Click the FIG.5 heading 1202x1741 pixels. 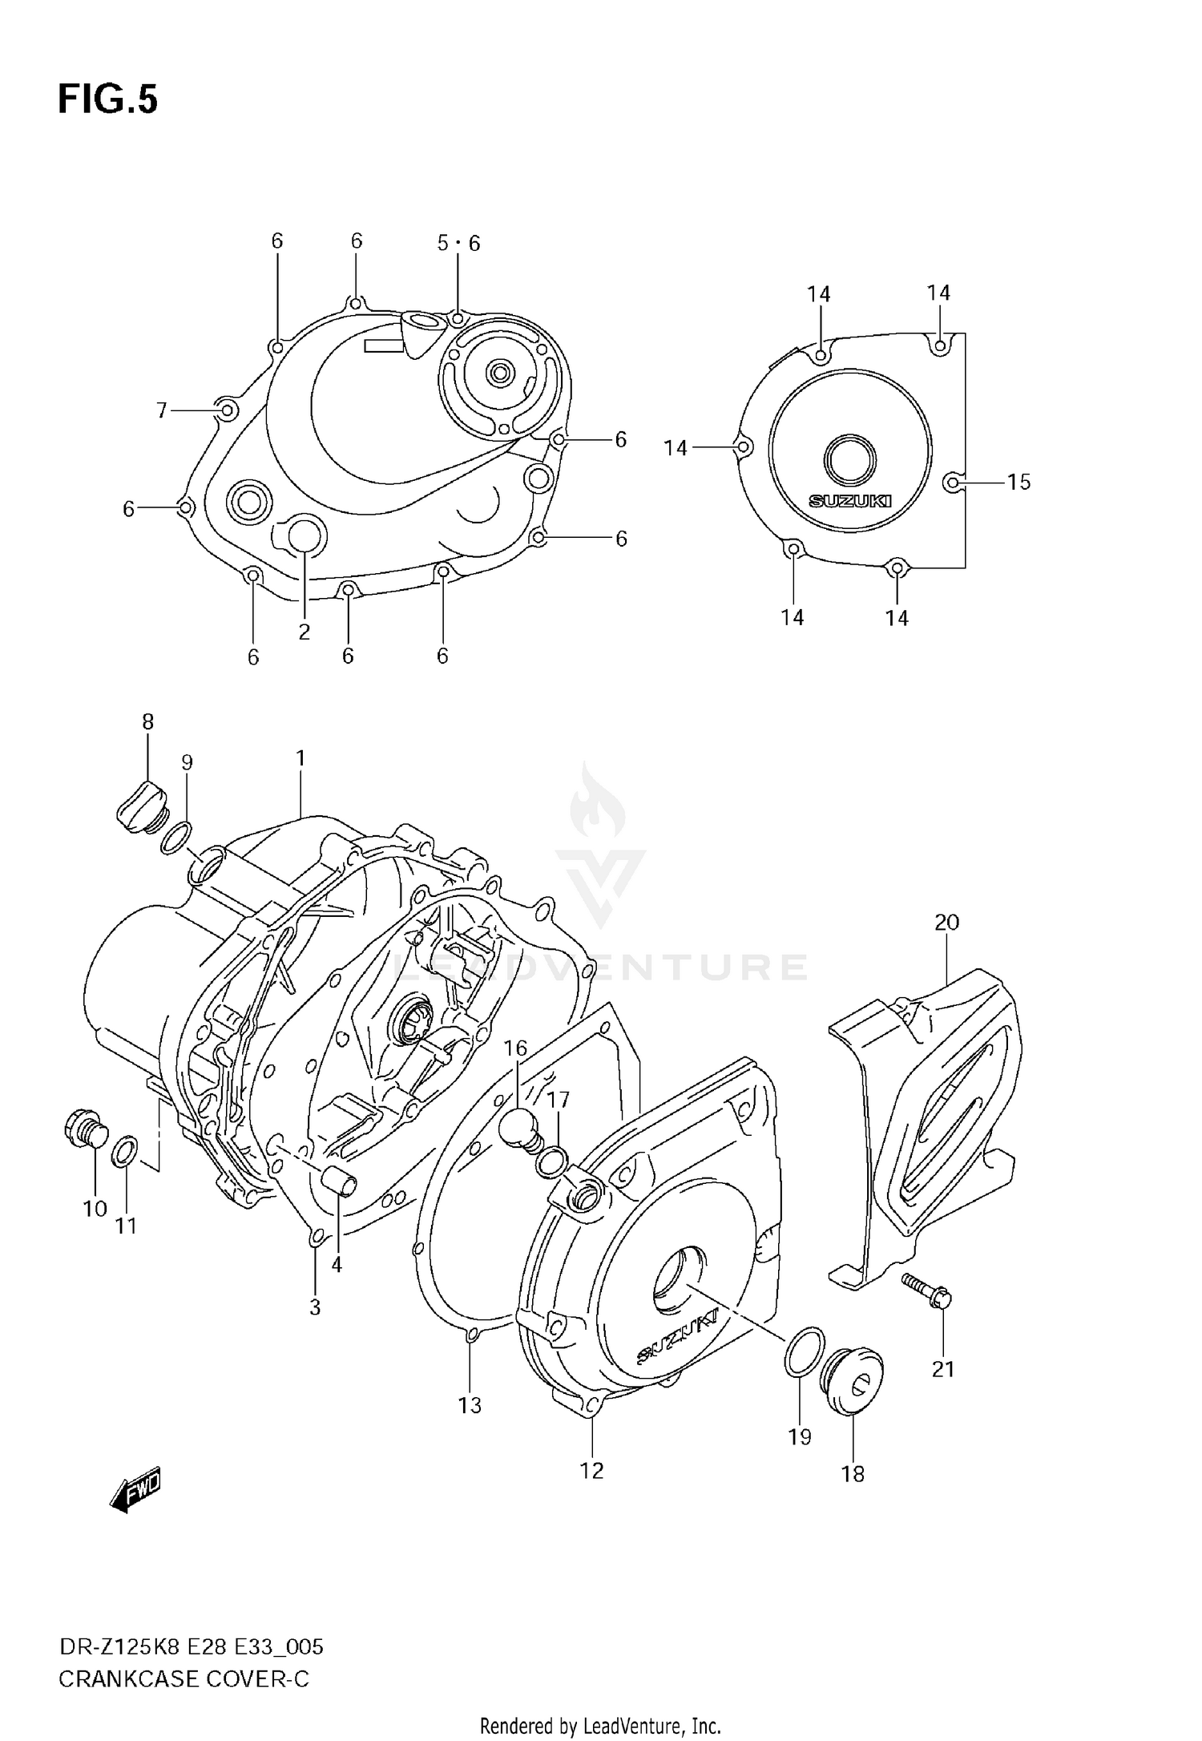(108, 100)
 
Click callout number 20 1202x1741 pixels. (946, 922)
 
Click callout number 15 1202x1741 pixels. (1018, 482)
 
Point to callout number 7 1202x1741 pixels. (162, 410)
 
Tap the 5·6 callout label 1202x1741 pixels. (458, 243)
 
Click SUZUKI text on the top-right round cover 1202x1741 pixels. (849, 501)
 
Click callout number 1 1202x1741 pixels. (300, 757)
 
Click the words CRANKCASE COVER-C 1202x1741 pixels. (184, 1679)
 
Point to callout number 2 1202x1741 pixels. (305, 632)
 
